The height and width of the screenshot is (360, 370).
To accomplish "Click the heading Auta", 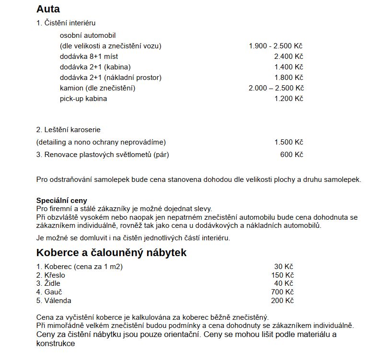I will (x=48, y=9).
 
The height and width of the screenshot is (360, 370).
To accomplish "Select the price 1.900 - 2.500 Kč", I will (x=276, y=46).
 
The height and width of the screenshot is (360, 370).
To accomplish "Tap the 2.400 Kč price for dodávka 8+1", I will (x=289, y=56).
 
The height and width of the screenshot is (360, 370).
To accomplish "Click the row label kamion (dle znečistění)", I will (x=97, y=88).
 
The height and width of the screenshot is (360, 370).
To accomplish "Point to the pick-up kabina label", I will (x=83, y=99).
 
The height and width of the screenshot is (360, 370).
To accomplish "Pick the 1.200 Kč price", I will (x=289, y=99).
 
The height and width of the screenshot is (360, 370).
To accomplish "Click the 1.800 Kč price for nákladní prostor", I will (x=289, y=78).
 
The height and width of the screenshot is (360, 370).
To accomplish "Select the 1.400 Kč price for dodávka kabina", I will (x=289, y=67).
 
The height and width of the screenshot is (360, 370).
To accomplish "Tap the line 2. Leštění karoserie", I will (x=69, y=130).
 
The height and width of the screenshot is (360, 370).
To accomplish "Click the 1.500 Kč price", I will (x=289, y=142).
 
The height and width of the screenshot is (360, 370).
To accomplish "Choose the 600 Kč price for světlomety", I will (x=291, y=155).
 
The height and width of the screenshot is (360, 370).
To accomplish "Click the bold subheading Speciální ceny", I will (x=62, y=201).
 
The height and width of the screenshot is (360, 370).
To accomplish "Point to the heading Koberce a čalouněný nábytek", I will (x=111, y=252).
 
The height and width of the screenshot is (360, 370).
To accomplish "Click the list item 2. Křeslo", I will (x=51, y=275).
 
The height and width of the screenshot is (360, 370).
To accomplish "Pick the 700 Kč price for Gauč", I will (x=282, y=292).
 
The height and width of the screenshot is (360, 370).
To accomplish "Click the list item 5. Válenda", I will (x=54, y=301).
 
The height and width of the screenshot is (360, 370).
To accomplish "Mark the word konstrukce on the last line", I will (x=56, y=344).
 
